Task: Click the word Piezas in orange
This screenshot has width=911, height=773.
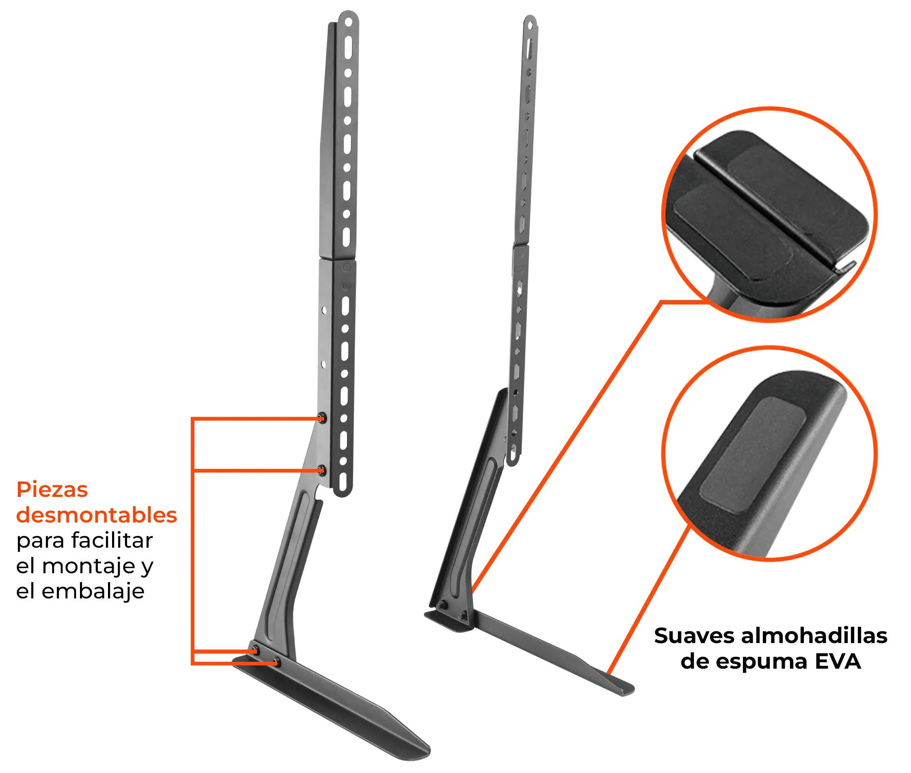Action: point(52,490)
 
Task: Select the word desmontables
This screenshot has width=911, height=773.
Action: point(96,515)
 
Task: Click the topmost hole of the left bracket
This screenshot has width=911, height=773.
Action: point(348,21)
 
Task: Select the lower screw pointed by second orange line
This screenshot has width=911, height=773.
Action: point(322,470)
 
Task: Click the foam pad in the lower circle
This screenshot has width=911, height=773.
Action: point(753,454)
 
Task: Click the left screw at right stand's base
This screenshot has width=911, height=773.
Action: point(440,605)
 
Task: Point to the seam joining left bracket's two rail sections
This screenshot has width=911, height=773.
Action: point(337,260)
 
